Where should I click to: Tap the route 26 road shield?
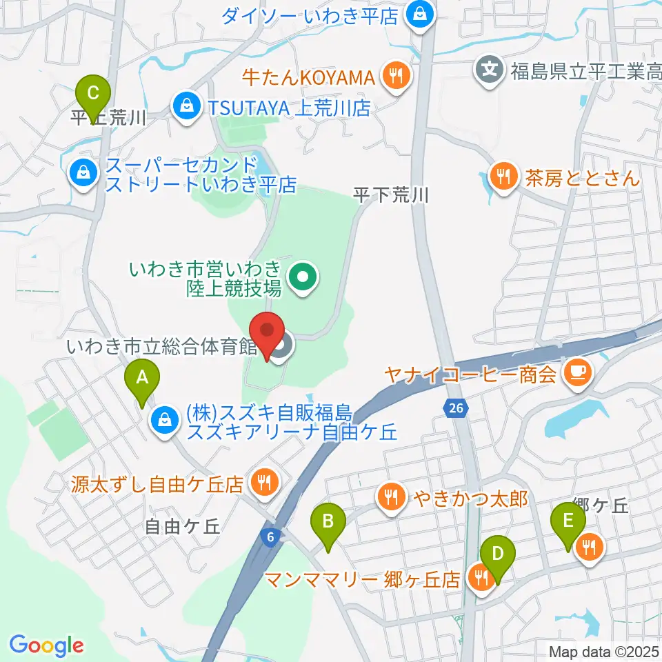(454, 409)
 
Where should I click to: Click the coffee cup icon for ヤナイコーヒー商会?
(574, 374)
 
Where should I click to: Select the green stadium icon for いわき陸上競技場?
(302, 278)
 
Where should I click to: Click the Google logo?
(46, 645)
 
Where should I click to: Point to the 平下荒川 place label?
(391, 195)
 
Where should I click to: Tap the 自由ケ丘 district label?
(183, 527)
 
